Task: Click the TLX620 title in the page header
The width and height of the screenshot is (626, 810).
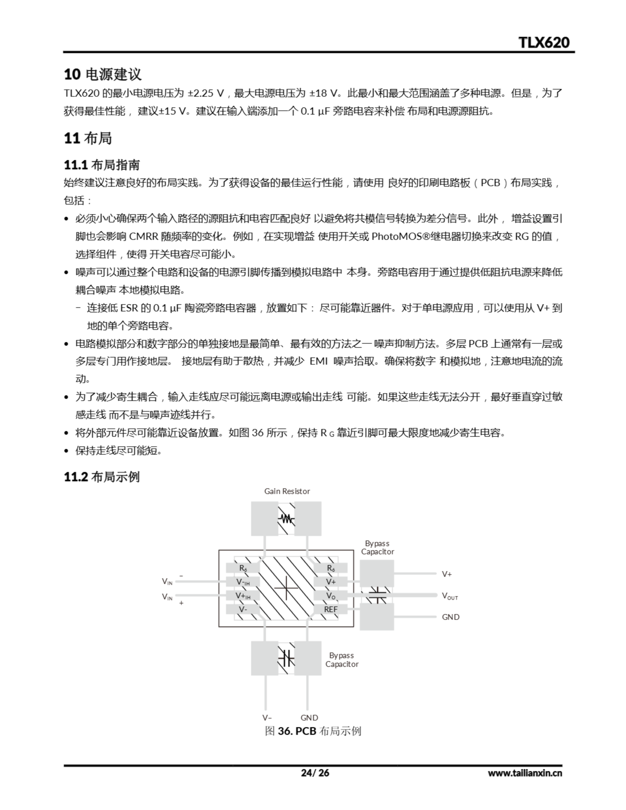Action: (544, 43)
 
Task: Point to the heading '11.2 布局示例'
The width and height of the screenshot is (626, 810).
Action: (102, 477)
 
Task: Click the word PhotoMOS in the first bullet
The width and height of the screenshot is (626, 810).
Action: (397, 236)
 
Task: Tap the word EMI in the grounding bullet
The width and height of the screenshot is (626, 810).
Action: (318, 361)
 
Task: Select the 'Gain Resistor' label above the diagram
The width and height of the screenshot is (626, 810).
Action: (287, 491)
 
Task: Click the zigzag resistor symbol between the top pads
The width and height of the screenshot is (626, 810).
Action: (286, 519)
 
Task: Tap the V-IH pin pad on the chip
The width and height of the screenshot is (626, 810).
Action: (243, 582)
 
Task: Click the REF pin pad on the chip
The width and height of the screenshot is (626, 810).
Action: (331, 609)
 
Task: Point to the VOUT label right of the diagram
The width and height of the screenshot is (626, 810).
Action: (450, 596)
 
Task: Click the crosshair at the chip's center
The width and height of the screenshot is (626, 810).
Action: (286, 588)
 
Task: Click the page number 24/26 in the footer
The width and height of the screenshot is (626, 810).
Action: (315, 773)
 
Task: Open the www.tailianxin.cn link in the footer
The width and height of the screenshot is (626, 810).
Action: (525, 773)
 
